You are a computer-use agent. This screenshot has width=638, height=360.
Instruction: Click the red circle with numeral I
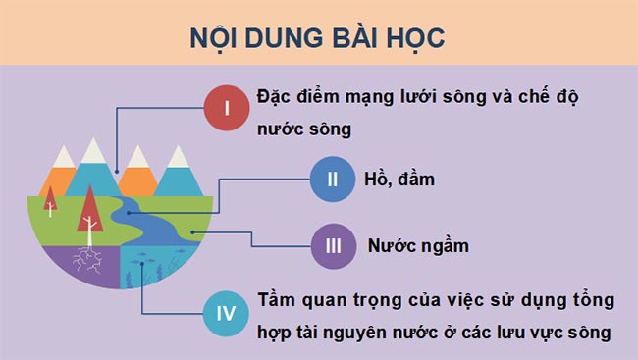click(x=228, y=108)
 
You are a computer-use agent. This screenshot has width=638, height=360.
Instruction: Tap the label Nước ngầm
click(x=417, y=245)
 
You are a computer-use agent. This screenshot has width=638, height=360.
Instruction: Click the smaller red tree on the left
click(x=50, y=199)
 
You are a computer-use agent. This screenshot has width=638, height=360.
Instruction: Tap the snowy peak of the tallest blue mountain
click(x=93, y=149)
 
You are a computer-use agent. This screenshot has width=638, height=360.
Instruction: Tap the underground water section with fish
click(x=157, y=267)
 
